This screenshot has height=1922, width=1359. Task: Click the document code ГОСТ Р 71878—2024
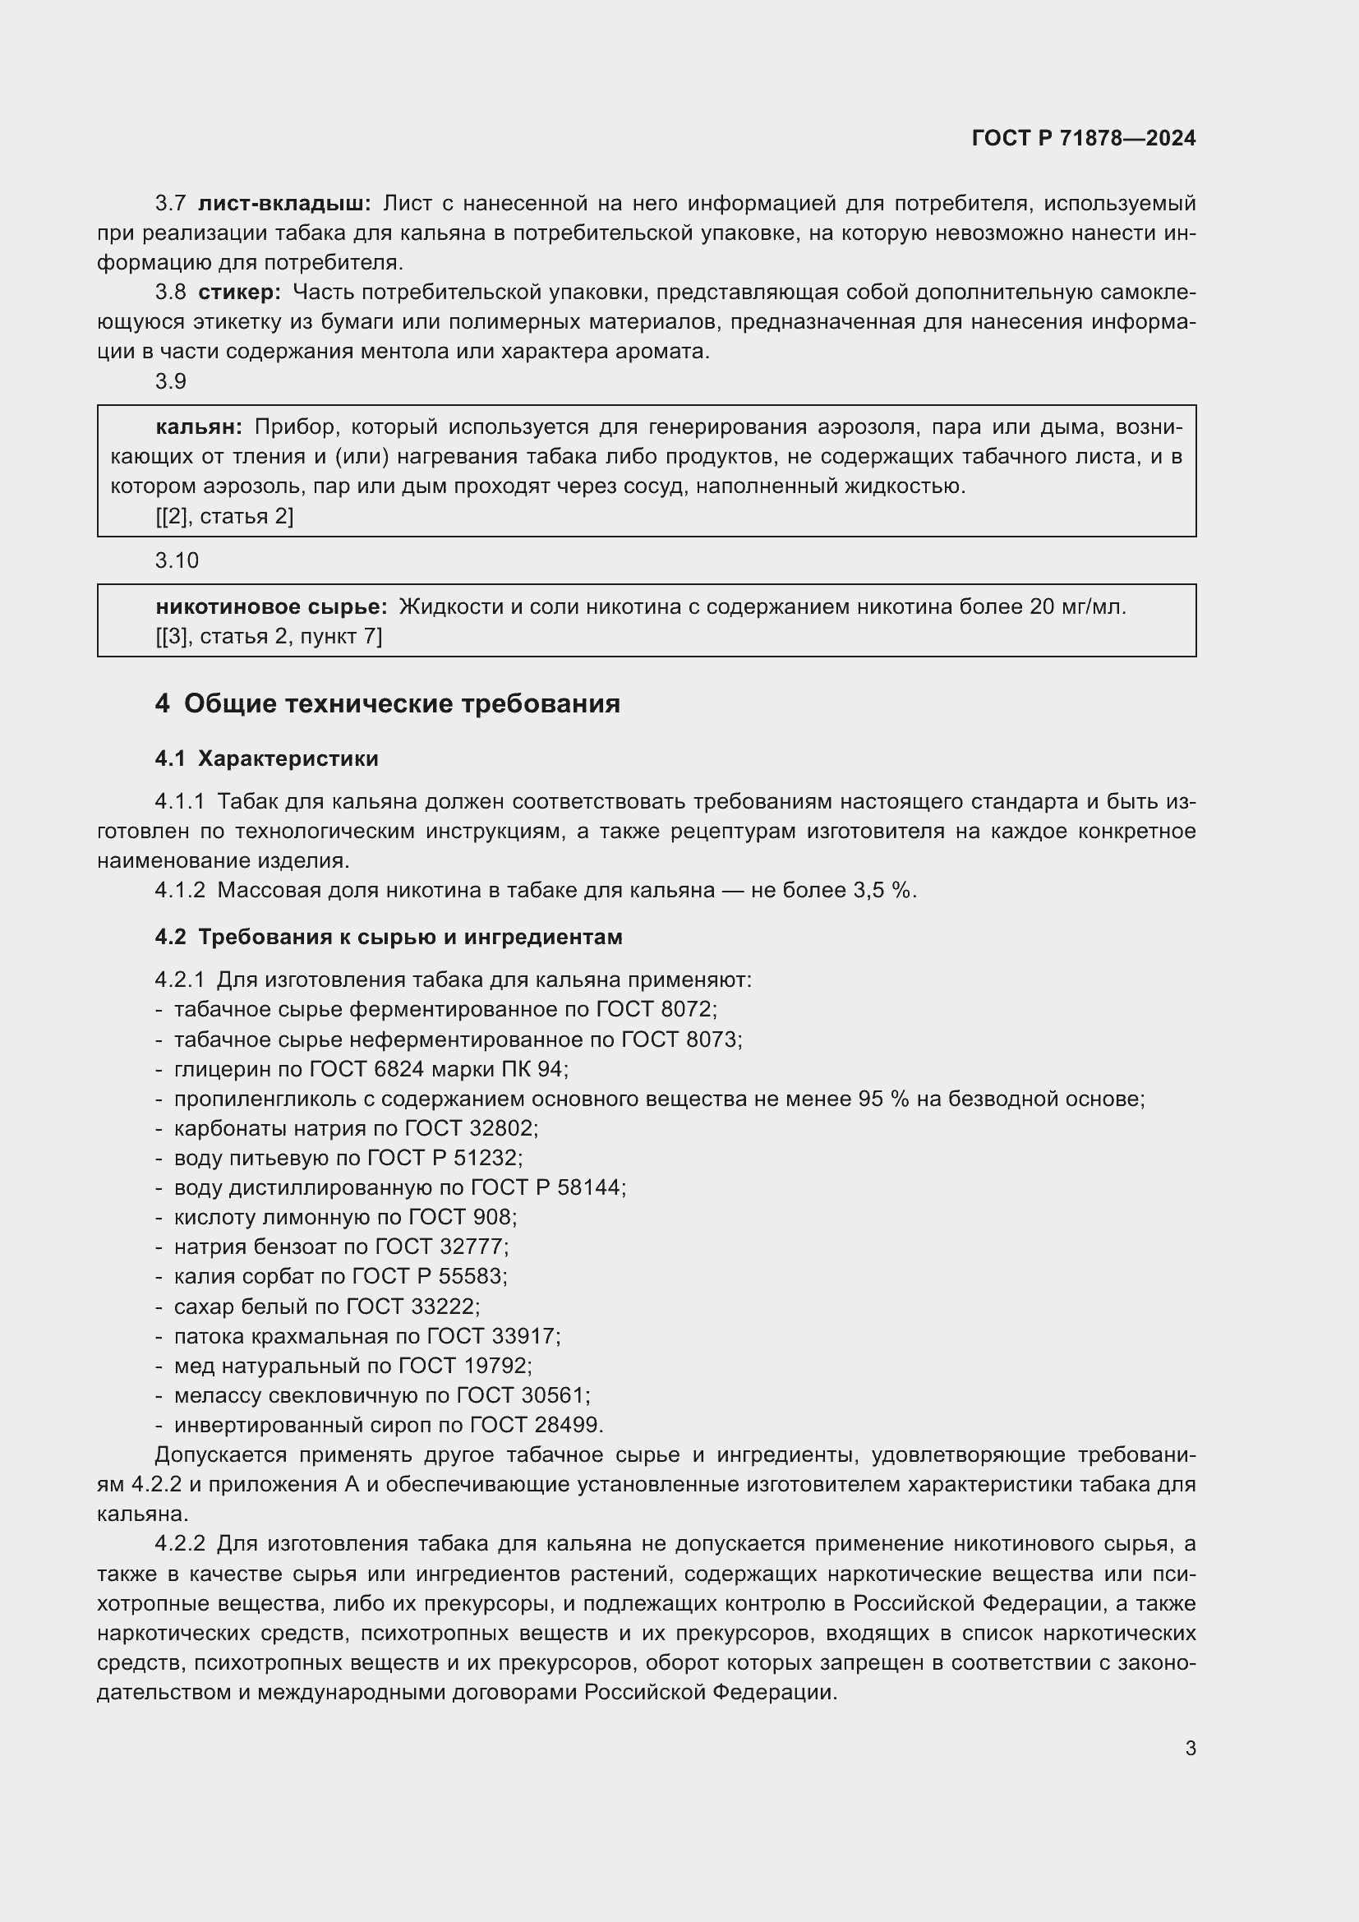[x=1084, y=138]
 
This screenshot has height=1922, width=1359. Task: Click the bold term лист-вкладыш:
[x=283, y=204]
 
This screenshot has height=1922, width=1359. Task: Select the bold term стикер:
[x=239, y=293]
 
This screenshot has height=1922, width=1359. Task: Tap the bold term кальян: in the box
[x=198, y=427]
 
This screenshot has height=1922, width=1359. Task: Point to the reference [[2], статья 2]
[x=224, y=517]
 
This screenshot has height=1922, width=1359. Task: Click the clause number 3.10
[x=177, y=561]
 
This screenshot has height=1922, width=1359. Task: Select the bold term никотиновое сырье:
[x=271, y=607]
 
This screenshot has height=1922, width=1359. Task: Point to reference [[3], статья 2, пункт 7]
[x=269, y=637]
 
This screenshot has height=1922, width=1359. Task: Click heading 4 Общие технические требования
[x=388, y=704]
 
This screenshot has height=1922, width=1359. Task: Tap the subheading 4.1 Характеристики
[x=266, y=759]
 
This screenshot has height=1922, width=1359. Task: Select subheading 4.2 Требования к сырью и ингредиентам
[x=389, y=938]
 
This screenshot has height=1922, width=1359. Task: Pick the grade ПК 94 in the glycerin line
[x=531, y=1070]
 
